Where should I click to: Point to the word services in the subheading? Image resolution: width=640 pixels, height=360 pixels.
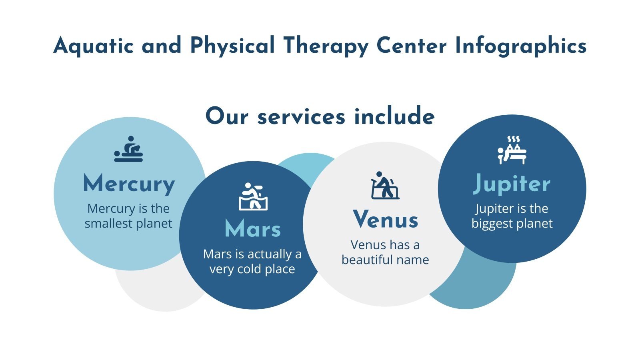pyautogui.click(x=301, y=117)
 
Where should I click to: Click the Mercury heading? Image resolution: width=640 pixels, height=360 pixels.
pyautogui.click(x=129, y=184)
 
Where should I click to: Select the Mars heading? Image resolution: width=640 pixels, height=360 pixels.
pyautogui.click(x=253, y=229)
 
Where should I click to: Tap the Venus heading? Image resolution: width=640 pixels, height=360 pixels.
pyautogui.click(x=386, y=220)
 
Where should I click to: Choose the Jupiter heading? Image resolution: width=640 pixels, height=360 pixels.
pyautogui.click(x=512, y=184)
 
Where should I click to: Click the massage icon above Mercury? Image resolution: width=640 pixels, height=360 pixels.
pyautogui.click(x=128, y=149)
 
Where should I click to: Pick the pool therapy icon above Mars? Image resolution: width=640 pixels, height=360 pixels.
pyautogui.click(x=253, y=196)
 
